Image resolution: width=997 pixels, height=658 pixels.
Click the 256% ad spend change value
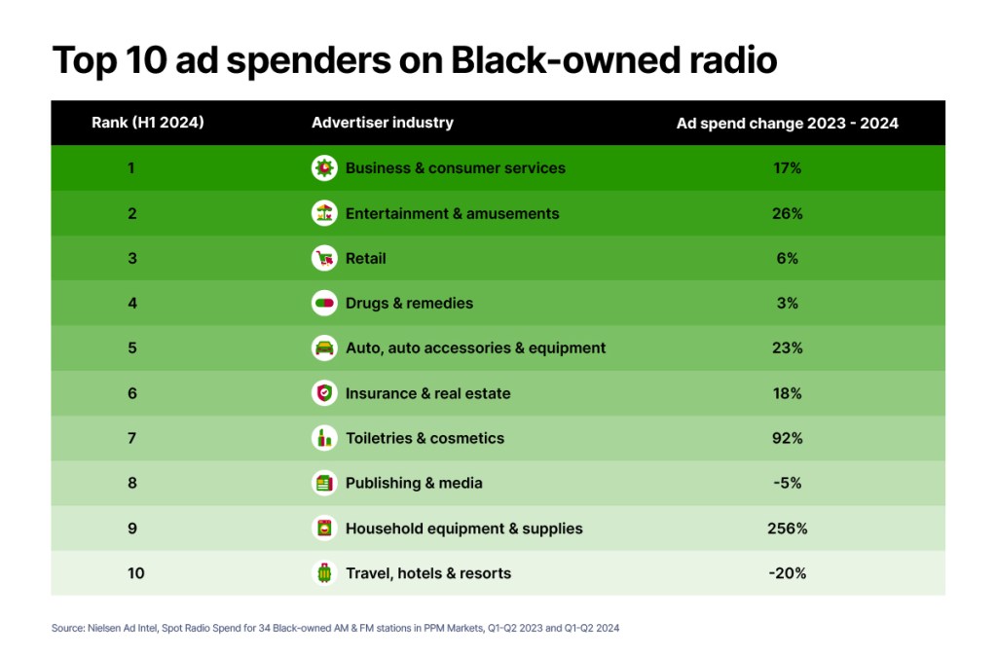pos(787,529)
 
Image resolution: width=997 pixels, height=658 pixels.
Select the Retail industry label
pos(365,258)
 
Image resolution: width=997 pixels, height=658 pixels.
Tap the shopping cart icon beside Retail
pos(324,258)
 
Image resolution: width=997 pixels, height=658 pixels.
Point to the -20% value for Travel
pos(787,573)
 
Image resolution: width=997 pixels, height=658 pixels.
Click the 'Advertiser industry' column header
pos(382,123)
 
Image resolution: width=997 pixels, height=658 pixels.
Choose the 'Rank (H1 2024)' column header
pos(148,123)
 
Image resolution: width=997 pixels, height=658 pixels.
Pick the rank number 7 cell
pos(131,438)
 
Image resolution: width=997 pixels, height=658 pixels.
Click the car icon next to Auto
pos(324,347)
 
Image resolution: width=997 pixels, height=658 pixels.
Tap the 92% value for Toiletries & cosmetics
pos(787,438)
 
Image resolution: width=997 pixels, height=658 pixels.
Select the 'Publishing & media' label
pos(414,483)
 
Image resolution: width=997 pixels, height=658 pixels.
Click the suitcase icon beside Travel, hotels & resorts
pos(324,573)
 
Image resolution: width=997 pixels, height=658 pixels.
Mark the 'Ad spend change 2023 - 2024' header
pos(787,123)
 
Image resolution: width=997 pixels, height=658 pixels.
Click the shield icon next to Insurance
pos(324,393)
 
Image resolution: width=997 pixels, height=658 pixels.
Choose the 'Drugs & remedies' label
pos(409,303)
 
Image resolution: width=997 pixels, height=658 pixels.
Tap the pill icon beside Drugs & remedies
pos(324,303)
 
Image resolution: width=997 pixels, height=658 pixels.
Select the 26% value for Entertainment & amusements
pos(787,213)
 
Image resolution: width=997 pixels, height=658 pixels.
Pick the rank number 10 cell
pos(135,573)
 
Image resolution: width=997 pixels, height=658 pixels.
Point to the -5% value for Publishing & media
pos(787,483)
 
